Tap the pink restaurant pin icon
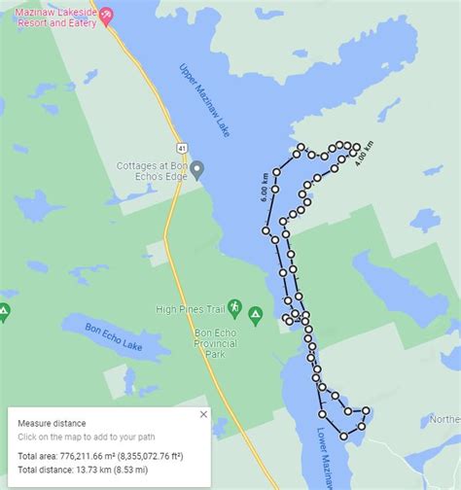click(x=107, y=14)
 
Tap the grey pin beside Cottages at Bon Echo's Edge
click(x=197, y=170)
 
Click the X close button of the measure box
click(x=203, y=414)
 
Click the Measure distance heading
click(x=51, y=423)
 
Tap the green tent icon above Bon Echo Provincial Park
click(x=255, y=314)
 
